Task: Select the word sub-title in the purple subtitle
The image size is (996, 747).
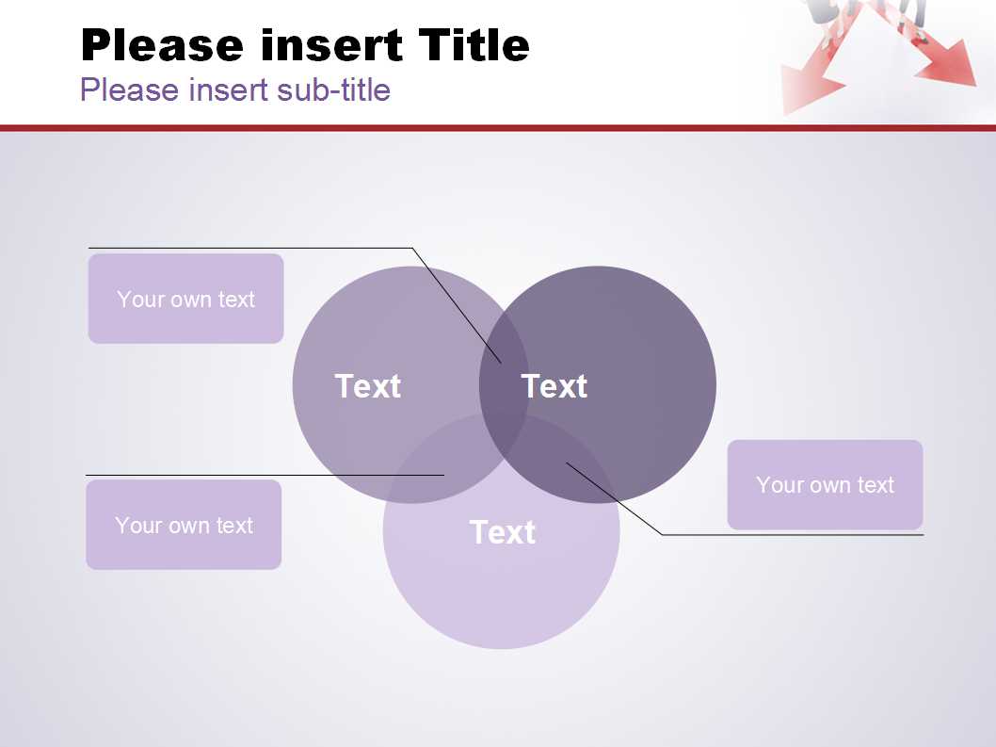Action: point(333,89)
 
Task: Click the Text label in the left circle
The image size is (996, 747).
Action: point(368,386)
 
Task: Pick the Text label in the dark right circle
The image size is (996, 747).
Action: point(554,386)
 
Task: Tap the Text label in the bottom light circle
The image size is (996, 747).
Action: point(503,531)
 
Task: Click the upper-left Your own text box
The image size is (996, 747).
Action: point(186,299)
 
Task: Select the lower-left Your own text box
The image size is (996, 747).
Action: point(184,525)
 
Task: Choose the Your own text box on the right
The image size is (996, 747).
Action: point(825,484)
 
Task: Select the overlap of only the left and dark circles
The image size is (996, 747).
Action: point(504,368)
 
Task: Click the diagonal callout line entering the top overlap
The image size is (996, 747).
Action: point(457,306)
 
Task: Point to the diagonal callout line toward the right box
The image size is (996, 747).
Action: point(614,499)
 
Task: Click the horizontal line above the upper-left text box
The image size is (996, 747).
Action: point(250,248)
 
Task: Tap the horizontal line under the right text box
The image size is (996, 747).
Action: point(793,535)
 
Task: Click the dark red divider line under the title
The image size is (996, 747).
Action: point(498,128)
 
